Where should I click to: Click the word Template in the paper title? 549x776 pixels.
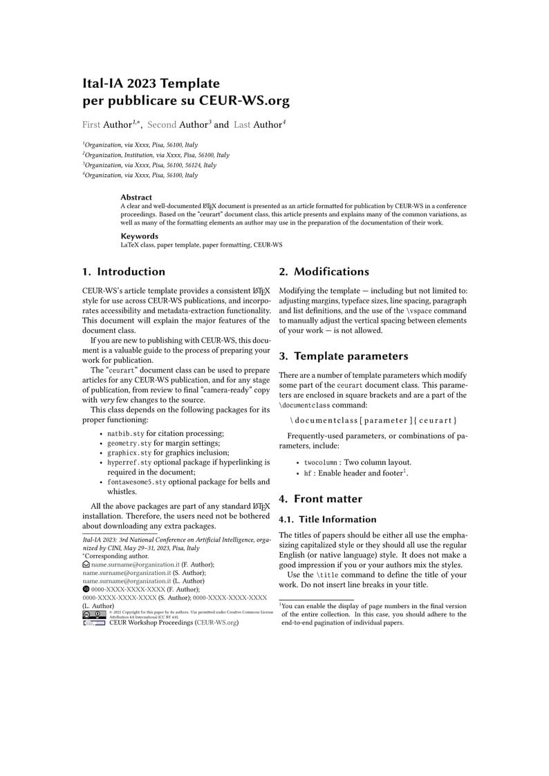190,84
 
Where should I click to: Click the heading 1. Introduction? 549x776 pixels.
124,272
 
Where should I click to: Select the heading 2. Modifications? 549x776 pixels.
324,272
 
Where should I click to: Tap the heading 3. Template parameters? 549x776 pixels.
343,357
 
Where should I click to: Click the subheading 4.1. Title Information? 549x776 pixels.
327,519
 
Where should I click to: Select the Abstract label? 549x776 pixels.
136,197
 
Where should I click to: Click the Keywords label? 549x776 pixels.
139,236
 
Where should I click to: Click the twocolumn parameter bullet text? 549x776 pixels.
321,462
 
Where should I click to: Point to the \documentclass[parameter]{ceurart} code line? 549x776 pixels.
373,420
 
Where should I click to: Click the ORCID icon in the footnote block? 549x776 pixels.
86,589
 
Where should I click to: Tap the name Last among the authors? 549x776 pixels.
242,125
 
